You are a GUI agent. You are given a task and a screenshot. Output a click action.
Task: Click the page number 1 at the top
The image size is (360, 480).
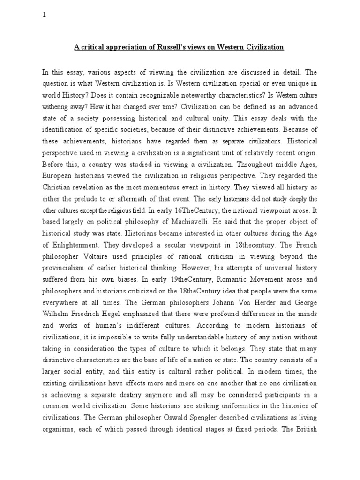point(44,15)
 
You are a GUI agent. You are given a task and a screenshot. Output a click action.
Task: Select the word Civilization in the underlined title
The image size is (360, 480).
point(263,47)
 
